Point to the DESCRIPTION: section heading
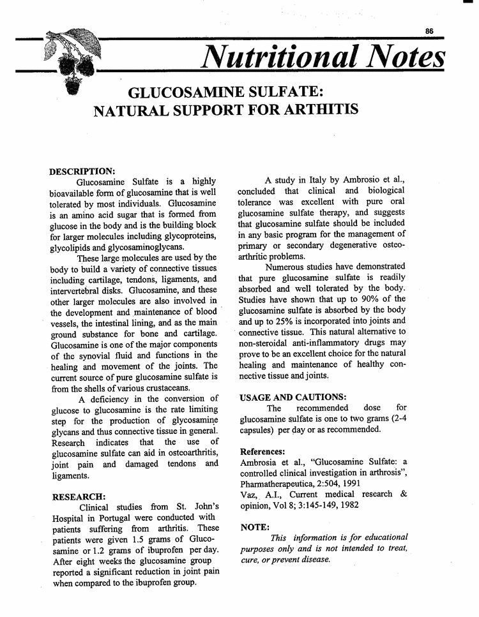(x=82, y=171)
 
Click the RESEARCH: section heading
(x=79, y=496)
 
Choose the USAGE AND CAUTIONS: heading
(x=293, y=398)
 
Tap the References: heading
(x=267, y=452)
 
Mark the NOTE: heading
(x=255, y=527)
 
